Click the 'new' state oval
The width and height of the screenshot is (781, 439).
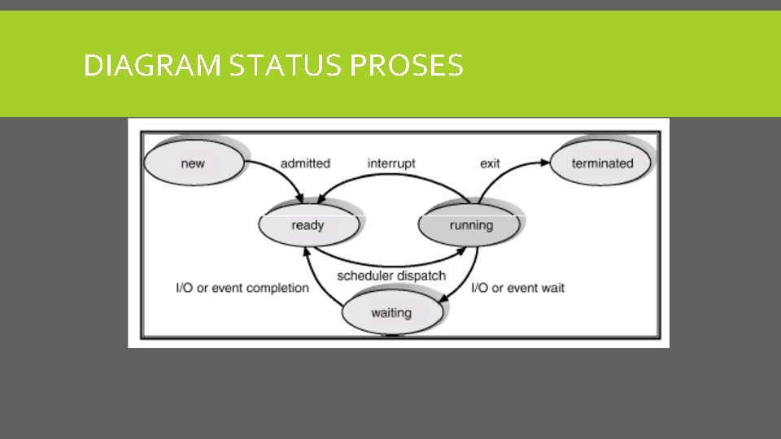(193, 163)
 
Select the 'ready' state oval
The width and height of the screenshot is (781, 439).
(308, 225)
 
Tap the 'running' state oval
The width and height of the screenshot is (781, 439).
(470, 225)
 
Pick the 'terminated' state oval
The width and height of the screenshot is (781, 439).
(602, 163)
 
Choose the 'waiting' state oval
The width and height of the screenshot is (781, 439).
(390, 312)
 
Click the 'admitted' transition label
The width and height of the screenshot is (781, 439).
(305, 163)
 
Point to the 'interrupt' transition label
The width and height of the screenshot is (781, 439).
(391, 163)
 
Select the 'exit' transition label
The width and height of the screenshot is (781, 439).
(490, 163)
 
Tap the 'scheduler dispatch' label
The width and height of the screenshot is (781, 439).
(391, 276)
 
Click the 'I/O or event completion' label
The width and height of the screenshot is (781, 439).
(242, 288)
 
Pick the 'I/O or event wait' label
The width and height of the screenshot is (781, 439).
(518, 288)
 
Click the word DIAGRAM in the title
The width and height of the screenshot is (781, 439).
(152, 65)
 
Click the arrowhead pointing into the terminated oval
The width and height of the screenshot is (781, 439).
(545, 163)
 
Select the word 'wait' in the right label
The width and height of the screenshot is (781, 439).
(552, 288)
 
